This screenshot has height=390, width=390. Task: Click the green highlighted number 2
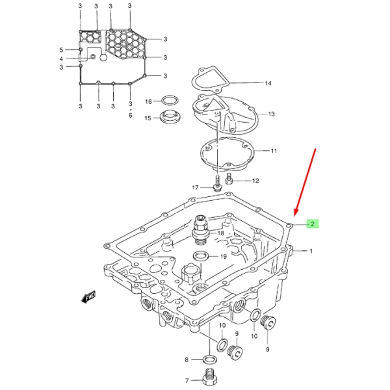313,224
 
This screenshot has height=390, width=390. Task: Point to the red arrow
305,182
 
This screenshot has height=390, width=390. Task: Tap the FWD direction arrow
88,296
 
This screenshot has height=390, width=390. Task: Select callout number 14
268,83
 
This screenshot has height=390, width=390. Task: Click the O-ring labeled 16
170,101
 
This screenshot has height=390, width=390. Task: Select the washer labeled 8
210,359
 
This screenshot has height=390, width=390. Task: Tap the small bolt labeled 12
229,179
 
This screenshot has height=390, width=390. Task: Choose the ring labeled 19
201,256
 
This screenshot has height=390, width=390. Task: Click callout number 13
271,114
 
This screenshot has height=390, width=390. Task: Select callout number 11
274,151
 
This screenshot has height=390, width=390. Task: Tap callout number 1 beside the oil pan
311,251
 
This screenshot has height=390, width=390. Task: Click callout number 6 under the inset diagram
131,116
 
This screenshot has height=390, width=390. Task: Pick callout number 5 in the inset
61,50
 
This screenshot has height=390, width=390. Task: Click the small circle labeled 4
93,57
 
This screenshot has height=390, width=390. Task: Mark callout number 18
220,233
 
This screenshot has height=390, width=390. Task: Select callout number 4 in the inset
61,59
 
